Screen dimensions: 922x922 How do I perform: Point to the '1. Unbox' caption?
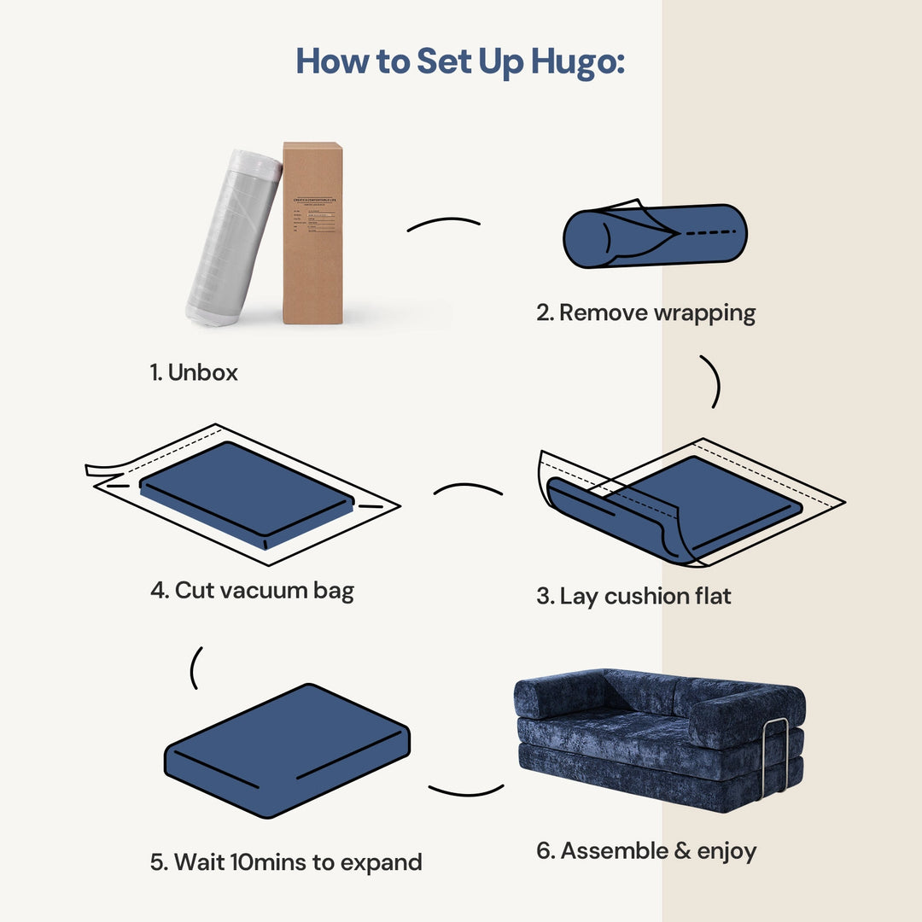click(194, 372)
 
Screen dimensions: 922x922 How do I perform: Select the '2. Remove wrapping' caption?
click(645, 312)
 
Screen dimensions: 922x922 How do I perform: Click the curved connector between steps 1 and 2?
click(443, 224)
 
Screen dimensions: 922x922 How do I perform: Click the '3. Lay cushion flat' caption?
click(633, 596)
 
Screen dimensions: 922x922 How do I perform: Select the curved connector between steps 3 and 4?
click(468, 489)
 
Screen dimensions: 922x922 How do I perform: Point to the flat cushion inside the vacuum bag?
click(248, 491)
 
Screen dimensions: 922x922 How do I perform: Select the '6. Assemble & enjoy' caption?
click(646, 851)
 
